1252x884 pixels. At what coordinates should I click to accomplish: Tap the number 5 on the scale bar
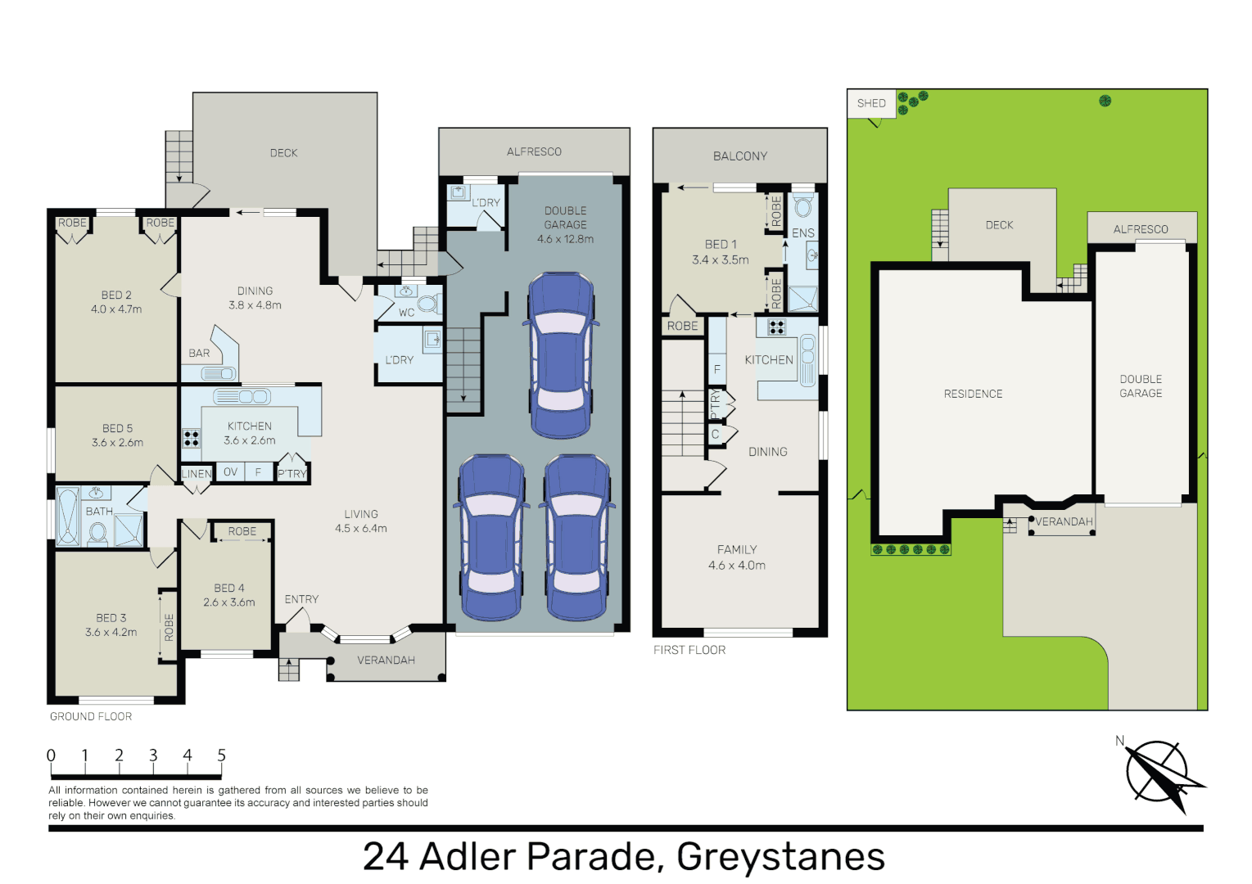point(221,755)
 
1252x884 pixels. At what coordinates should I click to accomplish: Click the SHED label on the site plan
point(871,103)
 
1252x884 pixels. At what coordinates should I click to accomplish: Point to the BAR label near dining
point(199,354)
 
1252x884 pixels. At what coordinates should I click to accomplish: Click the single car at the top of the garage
point(561,356)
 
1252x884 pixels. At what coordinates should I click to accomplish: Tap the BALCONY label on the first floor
point(739,156)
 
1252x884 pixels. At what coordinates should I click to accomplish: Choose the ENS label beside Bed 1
point(802,233)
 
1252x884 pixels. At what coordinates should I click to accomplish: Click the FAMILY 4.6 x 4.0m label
point(737,557)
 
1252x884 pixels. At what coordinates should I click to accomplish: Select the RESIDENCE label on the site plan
point(973,395)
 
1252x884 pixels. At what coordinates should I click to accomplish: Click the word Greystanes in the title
point(780,857)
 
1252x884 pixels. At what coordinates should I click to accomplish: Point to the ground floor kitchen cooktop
point(191,438)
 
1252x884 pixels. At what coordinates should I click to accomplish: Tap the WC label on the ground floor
point(406,313)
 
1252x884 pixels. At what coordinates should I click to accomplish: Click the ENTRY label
point(301,600)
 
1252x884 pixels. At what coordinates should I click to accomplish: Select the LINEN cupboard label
point(196,474)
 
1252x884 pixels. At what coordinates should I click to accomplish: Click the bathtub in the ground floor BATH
point(67,516)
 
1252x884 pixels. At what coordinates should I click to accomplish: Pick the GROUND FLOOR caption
point(91,717)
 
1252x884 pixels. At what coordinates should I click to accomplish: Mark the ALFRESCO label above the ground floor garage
point(534,152)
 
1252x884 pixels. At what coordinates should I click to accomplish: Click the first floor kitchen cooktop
point(776,327)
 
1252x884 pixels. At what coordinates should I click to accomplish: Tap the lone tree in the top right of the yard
point(1105,101)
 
